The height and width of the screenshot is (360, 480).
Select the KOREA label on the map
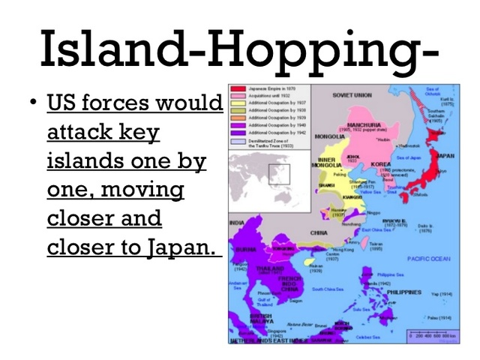point(382,163)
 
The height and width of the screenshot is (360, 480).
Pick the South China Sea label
point(330,289)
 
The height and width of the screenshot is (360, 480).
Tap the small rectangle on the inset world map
point(279,174)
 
